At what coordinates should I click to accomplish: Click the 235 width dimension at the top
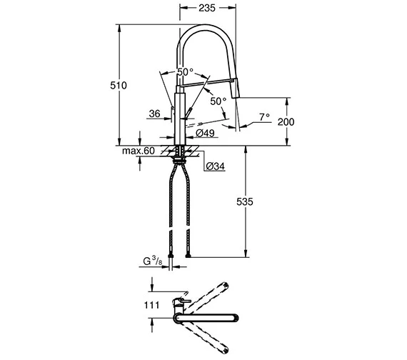pyautogui.click(x=207, y=8)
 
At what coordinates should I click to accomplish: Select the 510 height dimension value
pyautogui.click(x=119, y=85)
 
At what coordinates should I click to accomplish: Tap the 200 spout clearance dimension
pyautogui.click(x=286, y=121)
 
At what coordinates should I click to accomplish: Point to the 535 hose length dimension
pyautogui.click(x=244, y=201)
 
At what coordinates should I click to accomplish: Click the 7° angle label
pyautogui.click(x=264, y=117)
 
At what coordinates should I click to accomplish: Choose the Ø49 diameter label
pyautogui.click(x=205, y=133)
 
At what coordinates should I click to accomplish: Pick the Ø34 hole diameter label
pyautogui.click(x=216, y=166)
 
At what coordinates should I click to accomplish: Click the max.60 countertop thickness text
pyautogui.click(x=139, y=151)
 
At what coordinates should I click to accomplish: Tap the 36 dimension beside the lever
pyautogui.click(x=155, y=114)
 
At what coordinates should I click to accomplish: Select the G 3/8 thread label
pyautogui.click(x=153, y=261)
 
